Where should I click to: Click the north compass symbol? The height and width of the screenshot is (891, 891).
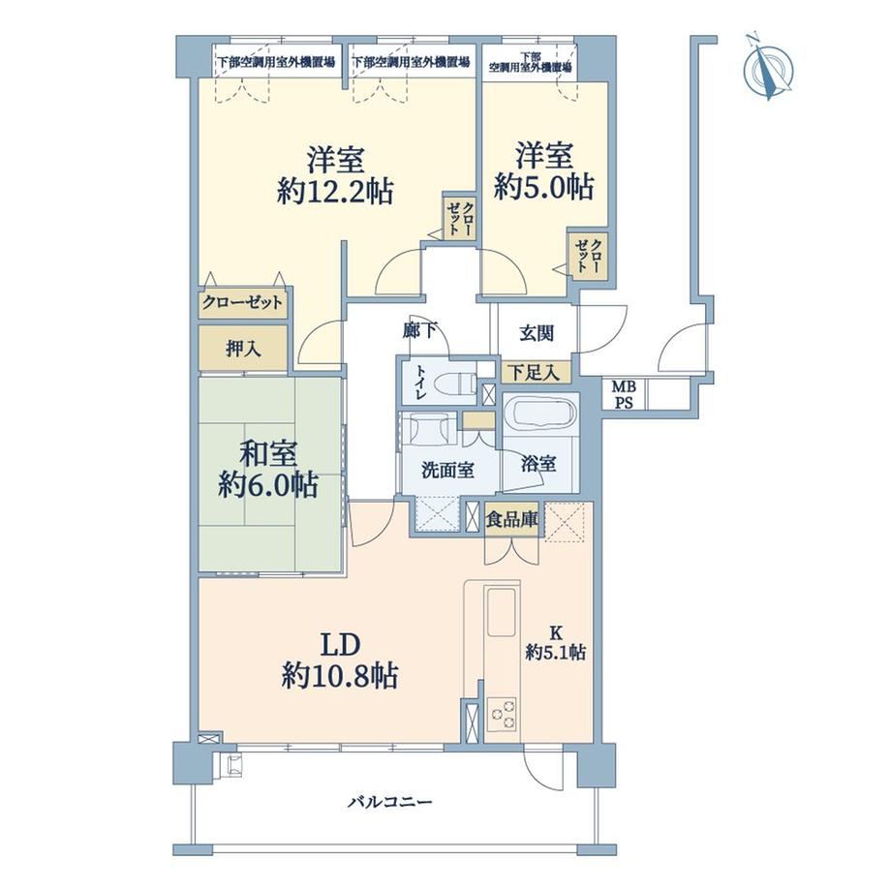[x=768, y=67]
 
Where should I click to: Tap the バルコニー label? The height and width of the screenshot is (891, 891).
[x=390, y=802]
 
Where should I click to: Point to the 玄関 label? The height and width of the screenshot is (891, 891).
[x=537, y=333]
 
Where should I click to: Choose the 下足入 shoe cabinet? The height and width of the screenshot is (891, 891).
[x=535, y=372]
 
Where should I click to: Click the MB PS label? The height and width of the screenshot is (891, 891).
[x=624, y=395]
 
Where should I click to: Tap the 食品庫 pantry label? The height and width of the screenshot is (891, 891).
[x=512, y=518]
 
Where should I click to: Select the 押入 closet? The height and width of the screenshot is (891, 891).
[x=243, y=349]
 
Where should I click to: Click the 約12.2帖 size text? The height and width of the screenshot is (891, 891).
[x=335, y=191]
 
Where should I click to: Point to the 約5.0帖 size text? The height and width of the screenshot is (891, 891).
[x=544, y=186]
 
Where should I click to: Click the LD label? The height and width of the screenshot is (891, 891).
[x=341, y=646]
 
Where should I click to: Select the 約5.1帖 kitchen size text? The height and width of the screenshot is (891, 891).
[x=556, y=652]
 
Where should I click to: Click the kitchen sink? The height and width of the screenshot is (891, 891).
[x=502, y=612]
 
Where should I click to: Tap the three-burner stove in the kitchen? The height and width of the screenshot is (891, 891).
[x=502, y=714]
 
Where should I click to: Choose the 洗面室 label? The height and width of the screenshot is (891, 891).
[x=447, y=470]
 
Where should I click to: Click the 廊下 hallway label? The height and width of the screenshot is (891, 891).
[x=419, y=330]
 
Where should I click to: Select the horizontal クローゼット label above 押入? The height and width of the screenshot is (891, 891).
[x=243, y=302]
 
